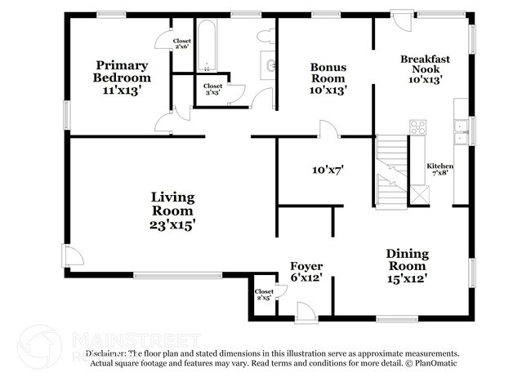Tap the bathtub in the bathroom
click(206, 45)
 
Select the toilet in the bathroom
click(265, 38)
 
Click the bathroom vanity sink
click(269, 65)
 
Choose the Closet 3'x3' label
click(212, 89)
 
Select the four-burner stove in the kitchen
click(417, 126)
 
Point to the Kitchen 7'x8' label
click(440, 169)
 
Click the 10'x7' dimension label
click(327, 171)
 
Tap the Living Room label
click(172, 210)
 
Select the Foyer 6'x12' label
click(306, 272)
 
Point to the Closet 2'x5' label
click(264, 295)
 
